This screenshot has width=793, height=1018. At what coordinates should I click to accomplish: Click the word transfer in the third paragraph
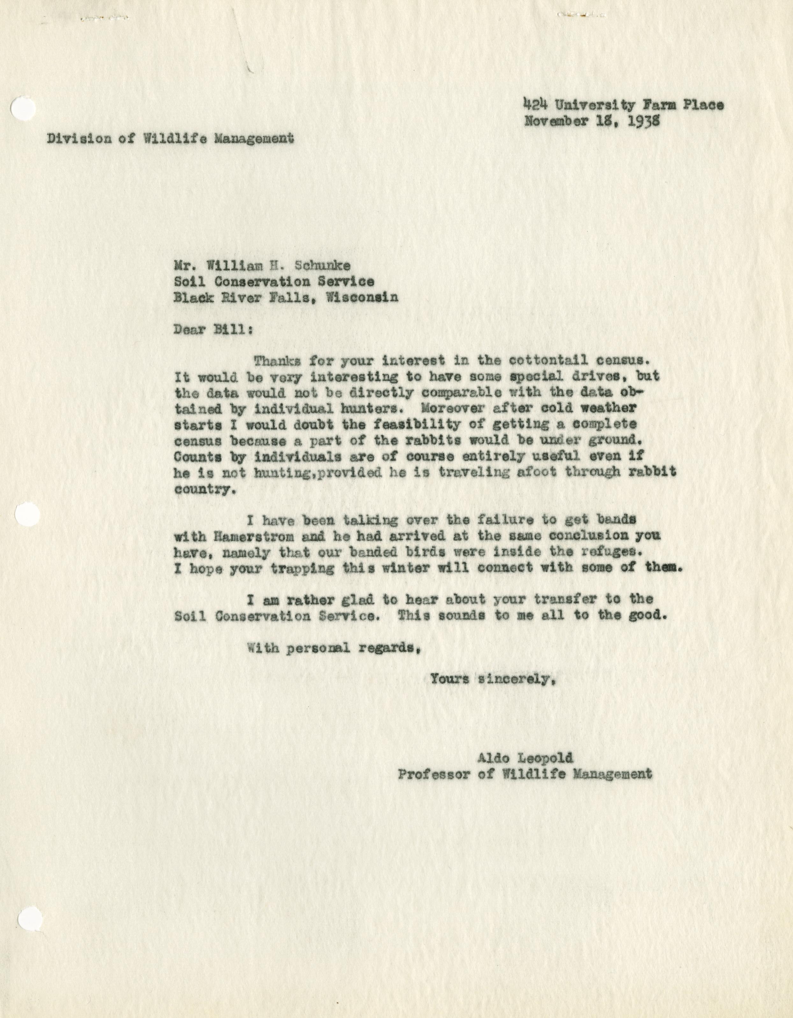pyautogui.click(x=565, y=599)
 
